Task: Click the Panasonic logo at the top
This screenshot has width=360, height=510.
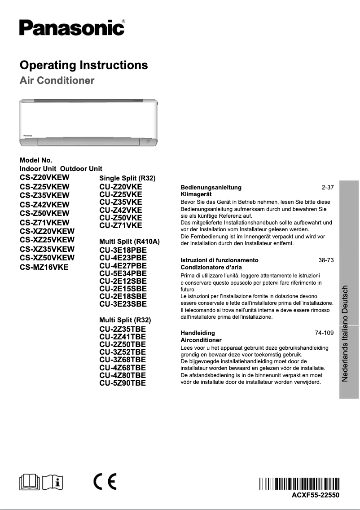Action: tap(72, 28)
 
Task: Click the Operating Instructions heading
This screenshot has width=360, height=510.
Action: tap(83, 66)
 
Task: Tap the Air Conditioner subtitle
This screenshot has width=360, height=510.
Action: tap(57, 81)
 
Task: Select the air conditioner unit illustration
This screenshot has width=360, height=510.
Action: tap(88, 122)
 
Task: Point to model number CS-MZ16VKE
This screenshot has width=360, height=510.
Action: tap(44, 267)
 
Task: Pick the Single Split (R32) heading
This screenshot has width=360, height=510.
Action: tap(127, 179)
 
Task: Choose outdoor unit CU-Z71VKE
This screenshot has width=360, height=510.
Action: tap(120, 225)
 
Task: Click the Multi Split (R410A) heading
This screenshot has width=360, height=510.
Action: tap(129, 242)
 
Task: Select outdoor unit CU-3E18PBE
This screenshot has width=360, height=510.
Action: tap(123, 250)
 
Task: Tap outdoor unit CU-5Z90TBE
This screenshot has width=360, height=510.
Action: tap(122, 383)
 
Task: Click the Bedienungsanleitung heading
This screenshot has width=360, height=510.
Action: tap(211, 187)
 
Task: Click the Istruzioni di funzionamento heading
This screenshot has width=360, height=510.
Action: tap(219, 260)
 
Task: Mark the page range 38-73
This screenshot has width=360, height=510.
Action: tap(326, 260)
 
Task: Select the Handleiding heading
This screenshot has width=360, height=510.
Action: tap(198, 333)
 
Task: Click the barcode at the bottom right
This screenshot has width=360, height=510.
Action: tap(299, 484)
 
